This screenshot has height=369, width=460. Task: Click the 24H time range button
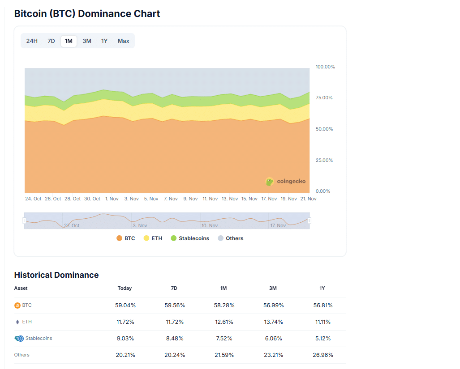pos(32,41)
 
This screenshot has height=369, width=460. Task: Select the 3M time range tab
pos(87,41)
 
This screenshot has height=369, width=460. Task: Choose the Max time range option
pos(124,41)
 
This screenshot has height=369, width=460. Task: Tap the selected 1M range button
pos(69,41)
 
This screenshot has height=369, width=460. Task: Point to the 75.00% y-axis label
pos(325,98)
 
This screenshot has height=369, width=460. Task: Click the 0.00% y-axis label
pos(322,191)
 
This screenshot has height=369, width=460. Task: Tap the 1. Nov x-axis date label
pos(112,199)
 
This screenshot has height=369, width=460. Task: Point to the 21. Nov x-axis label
pos(308,199)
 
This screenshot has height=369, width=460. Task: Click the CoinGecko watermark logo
pos(285,182)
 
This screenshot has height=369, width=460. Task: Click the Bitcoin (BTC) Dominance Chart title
pos(87,13)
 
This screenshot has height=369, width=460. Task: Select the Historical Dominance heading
pos(56,275)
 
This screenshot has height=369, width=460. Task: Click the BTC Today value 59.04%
pos(125,305)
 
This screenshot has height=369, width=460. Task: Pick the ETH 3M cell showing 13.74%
pos(273,322)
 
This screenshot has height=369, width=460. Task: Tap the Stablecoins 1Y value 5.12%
pos(322,339)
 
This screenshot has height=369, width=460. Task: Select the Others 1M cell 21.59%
pos(224,355)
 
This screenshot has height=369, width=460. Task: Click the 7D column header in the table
pos(174,288)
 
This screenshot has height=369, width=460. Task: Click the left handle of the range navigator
pos(25,221)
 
